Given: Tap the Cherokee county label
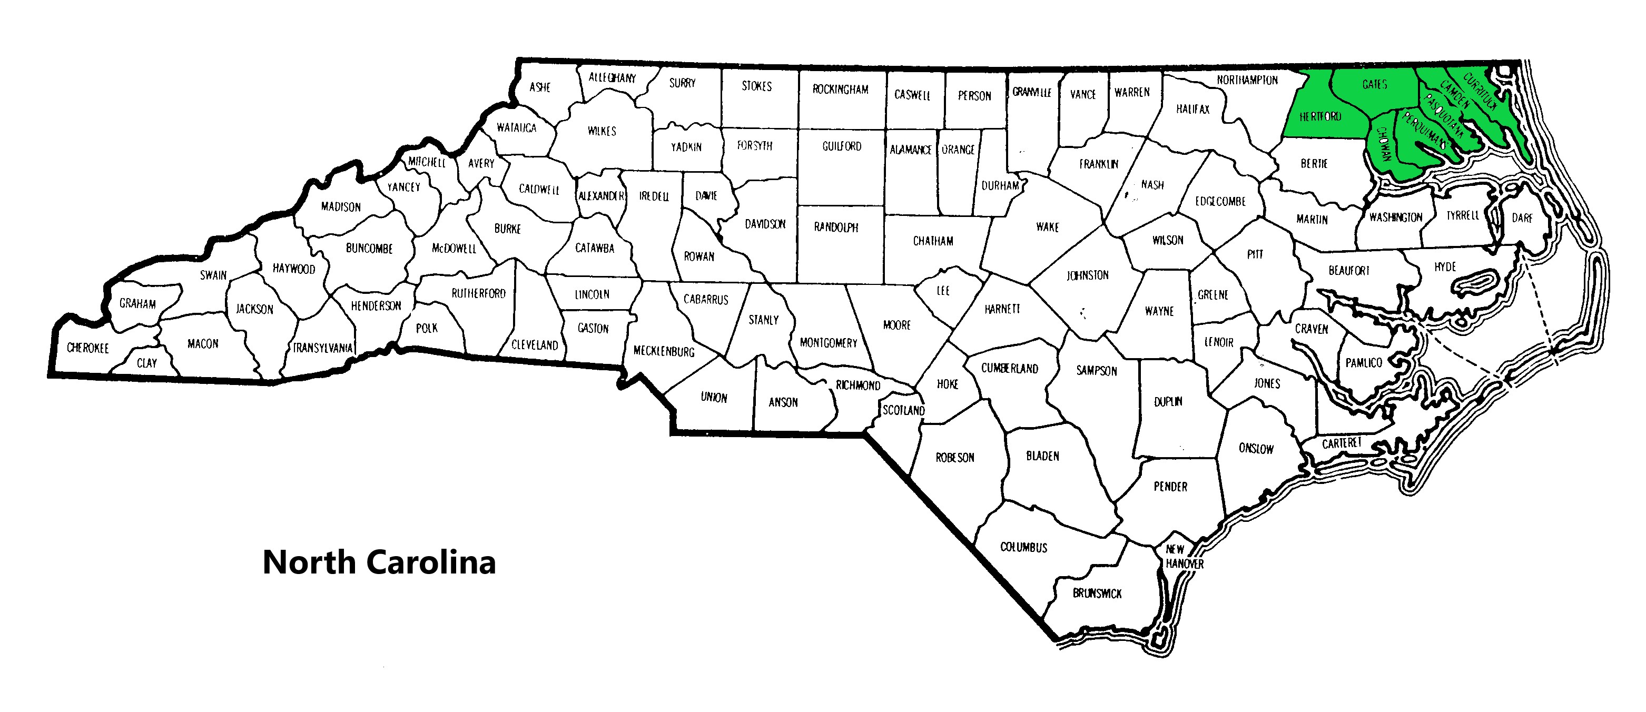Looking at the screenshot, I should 87,348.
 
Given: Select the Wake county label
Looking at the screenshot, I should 1047,227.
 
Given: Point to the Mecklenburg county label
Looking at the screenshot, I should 663,351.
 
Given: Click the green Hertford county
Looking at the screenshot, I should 1320,117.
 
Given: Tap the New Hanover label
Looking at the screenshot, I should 1184,557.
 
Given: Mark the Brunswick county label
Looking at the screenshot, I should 1097,593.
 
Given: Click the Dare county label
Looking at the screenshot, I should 1522,218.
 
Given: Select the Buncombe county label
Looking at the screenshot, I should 369,248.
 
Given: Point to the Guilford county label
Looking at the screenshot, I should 842,146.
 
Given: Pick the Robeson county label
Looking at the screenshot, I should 954,458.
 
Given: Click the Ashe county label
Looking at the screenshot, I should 539,87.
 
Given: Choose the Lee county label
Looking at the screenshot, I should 943,291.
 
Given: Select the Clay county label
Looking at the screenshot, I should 146,363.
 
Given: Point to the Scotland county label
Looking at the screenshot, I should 903,410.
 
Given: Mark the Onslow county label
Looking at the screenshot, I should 1256,449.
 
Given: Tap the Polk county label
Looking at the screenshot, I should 426,329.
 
